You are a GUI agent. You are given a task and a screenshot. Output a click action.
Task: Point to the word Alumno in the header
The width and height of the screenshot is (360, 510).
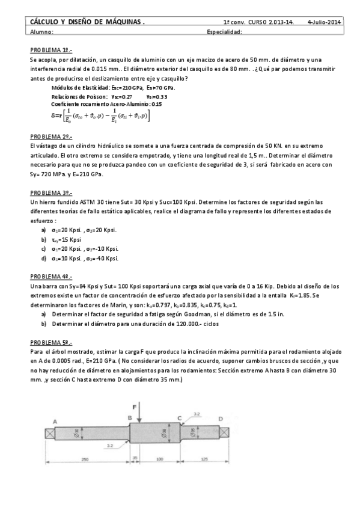[x=41, y=32]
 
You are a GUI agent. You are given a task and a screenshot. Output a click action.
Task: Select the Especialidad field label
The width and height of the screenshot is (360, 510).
[x=224, y=32]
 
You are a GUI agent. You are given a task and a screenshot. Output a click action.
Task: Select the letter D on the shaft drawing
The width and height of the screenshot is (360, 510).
[x=220, y=419]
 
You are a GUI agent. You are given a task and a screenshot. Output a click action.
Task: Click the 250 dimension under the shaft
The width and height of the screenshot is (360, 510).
[x=85, y=459]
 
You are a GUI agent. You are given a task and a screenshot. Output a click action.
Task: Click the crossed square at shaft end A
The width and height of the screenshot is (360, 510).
[x=49, y=432]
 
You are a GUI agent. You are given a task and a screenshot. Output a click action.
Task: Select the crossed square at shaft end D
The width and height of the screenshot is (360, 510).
[x=224, y=432]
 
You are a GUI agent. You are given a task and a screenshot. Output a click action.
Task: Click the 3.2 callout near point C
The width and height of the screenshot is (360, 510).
[x=197, y=414]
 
